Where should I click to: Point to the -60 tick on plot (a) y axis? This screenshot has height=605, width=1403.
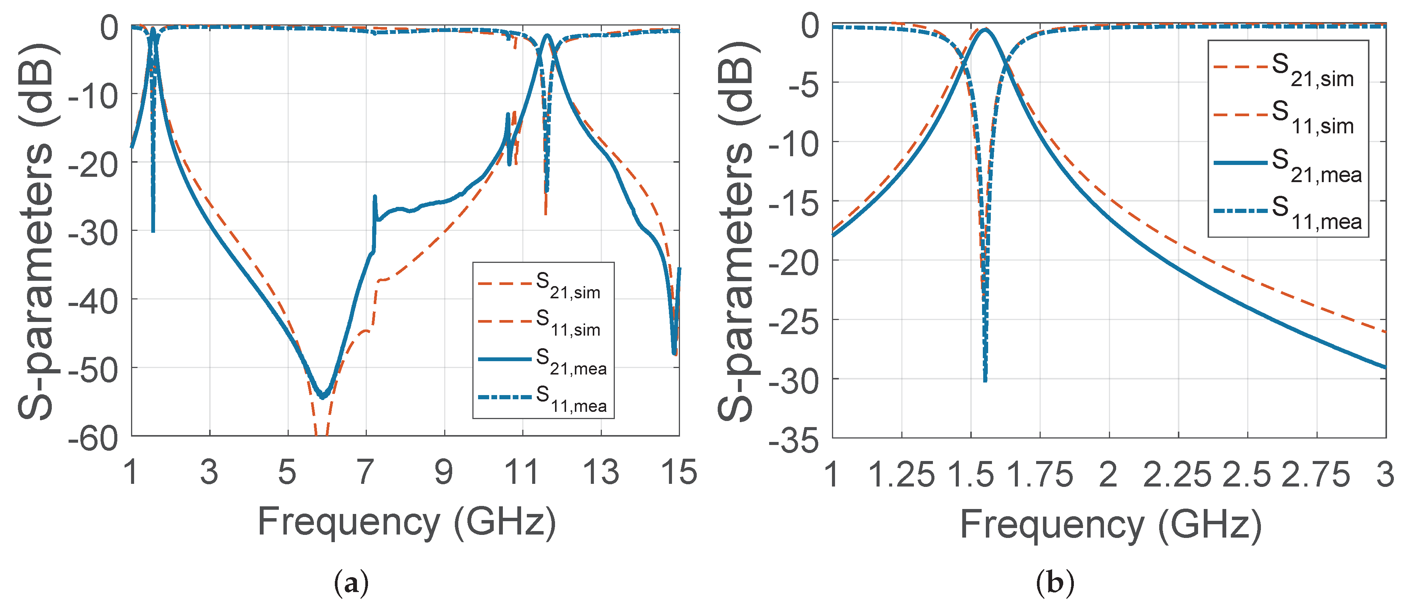[x=93, y=438]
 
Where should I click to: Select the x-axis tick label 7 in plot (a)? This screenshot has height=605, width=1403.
[x=365, y=473]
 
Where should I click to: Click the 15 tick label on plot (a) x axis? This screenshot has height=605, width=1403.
[x=678, y=473]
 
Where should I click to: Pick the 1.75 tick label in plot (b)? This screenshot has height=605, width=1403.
[x=1039, y=475]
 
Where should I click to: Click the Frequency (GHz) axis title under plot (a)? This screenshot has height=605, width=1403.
[x=406, y=522]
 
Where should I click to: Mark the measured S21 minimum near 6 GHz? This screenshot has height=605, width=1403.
[x=323, y=397]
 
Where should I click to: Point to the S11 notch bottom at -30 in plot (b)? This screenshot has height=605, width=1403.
[x=985, y=379]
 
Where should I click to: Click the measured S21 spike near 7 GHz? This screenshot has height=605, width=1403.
[x=375, y=197]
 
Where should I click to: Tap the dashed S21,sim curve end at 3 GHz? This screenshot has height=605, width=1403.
[x=1384, y=331]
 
